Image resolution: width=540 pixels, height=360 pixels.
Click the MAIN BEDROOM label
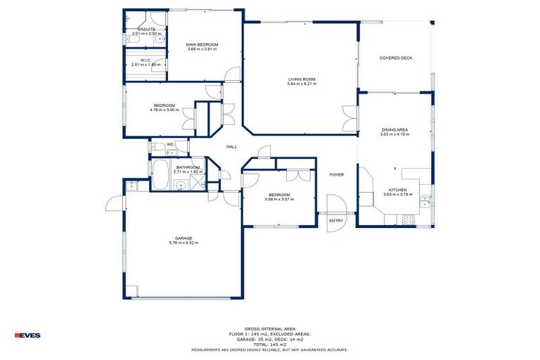click(x=202, y=44)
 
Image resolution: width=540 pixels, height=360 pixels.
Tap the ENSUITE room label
click(x=146, y=30)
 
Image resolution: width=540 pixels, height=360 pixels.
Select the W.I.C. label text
click(x=146, y=60)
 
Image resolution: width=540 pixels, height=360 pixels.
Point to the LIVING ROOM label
click(x=302, y=79)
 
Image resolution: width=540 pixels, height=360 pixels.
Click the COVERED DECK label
click(x=396, y=58)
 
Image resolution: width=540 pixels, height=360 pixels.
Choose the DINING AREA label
click(x=394, y=130)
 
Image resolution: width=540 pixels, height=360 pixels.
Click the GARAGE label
click(x=184, y=238)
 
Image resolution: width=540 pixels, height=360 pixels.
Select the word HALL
click(x=231, y=146)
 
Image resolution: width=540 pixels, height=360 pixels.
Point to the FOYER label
click(x=337, y=174)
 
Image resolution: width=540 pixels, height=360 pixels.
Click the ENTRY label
click(x=337, y=221)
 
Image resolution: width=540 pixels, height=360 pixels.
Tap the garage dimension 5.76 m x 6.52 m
click(x=184, y=243)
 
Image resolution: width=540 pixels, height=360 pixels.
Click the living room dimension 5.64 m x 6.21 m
click(x=302, y=84)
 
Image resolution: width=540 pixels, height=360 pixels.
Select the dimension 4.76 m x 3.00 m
click(x=165, y=110)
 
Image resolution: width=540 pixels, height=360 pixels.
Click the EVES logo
click(x=27, y=335)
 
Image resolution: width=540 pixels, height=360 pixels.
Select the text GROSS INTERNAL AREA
click(x=270, y=328)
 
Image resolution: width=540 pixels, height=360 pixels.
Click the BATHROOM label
click(x=188, y=167)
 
